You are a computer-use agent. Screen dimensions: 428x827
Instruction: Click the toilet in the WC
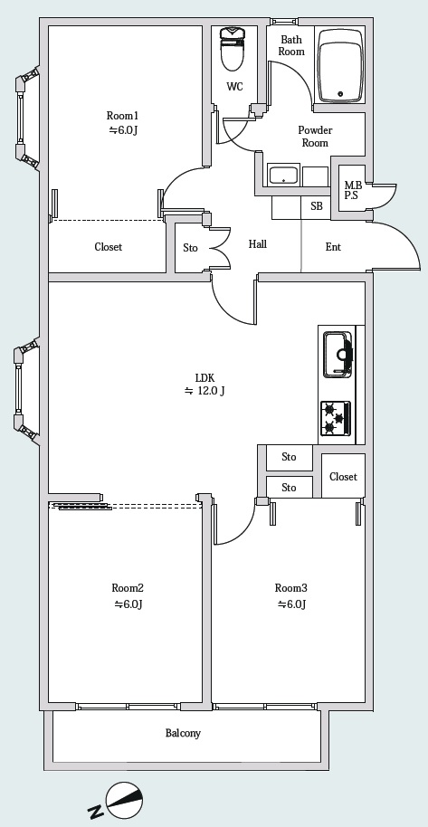[233, 48]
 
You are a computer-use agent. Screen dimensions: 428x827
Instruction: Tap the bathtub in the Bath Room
[341, 66]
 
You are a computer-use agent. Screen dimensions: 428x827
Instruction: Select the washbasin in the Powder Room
[284, 176]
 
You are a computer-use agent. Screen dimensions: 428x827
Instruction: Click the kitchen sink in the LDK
[338, 355]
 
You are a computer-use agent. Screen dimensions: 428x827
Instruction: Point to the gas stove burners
[336, 418]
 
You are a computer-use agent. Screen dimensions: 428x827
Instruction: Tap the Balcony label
[183, 733]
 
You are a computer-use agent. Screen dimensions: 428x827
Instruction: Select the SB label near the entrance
[317, 206]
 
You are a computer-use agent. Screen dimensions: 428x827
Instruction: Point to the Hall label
[258, 244]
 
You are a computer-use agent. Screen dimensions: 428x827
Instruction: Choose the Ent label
[333, 247]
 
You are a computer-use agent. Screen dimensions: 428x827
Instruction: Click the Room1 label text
[122, 116]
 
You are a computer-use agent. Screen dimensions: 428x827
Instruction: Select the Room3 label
[290, 588]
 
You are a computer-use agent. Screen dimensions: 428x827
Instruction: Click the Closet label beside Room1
[109, 247]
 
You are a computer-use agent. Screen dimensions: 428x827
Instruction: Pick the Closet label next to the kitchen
[343, 477]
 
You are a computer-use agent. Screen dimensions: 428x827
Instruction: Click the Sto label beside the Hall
[191, 247]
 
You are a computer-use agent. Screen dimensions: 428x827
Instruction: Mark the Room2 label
[128, 588]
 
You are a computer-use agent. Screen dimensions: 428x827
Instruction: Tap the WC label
[235, 87]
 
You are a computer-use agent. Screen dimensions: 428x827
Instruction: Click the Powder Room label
[315, 137]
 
